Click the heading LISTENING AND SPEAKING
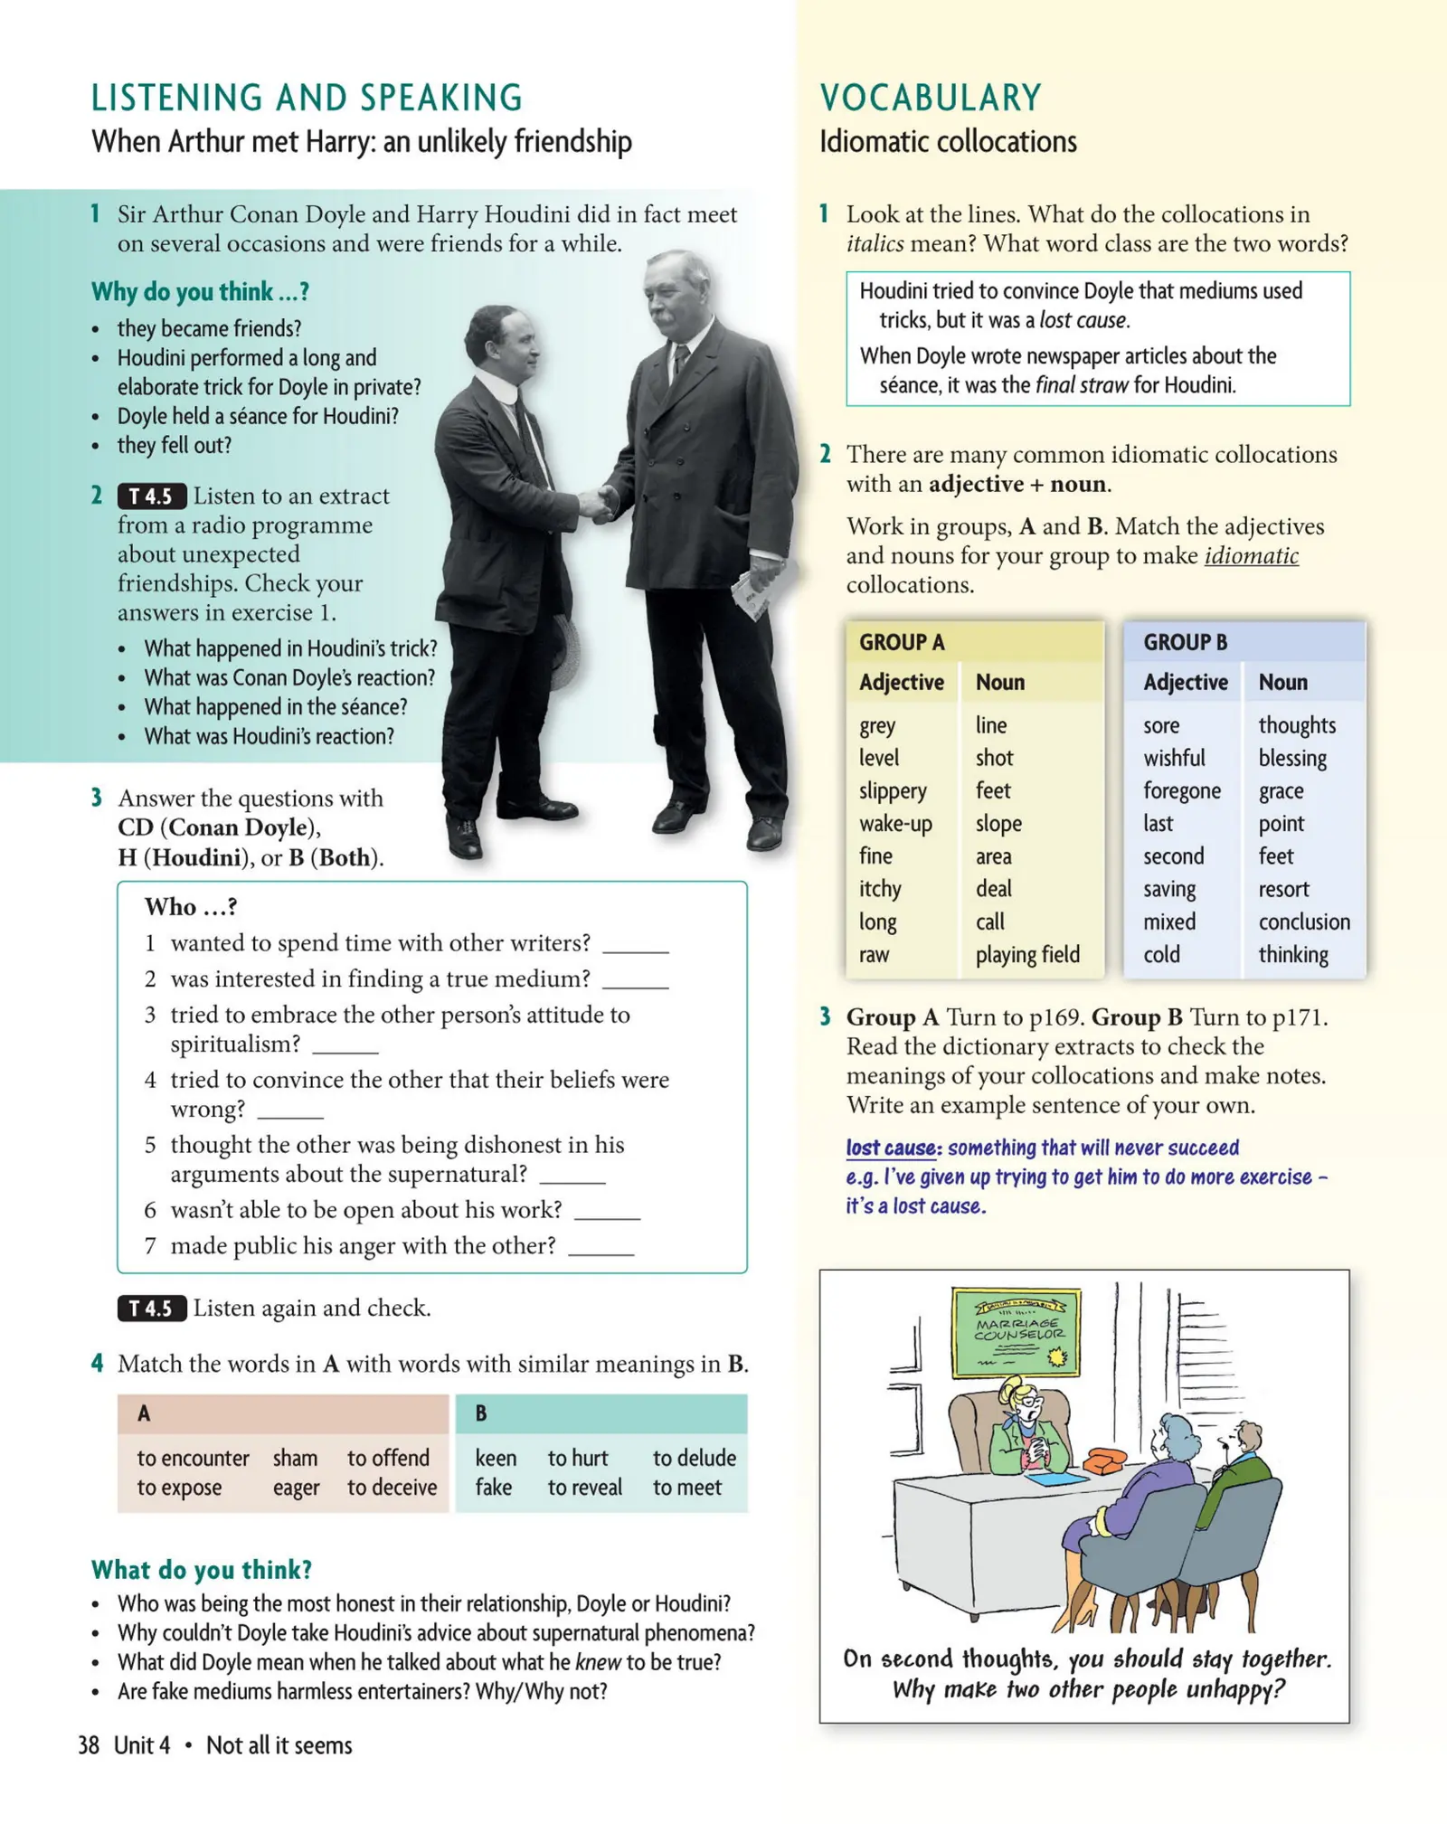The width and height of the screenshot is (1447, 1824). pyautogui.click(x=307, y=98)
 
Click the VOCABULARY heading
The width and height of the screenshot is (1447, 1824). pyautogui.click(x=931, y=98)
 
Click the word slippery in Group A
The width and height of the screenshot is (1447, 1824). pyautogui.click(x=892, y=790)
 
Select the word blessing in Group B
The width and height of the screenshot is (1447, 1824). pyautogui.click(x=1291, y=758)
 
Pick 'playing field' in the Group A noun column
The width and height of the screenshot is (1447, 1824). pyautogui.click(x=1026, y=954)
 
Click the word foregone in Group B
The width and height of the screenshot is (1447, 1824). pyautogui.click(x=1181, y=790)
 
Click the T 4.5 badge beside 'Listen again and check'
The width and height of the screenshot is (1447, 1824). pyautogui.click(x=151, y=1308)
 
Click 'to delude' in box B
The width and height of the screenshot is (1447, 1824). pyautogui.click(x=694, y=1458)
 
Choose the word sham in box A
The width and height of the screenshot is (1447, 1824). pyautogui.click(x=295, y=1458)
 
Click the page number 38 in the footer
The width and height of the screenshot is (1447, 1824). pyautogui.click(x=89, y=1745)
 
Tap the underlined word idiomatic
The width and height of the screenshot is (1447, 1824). pyautogui.click(x=1251, y=555)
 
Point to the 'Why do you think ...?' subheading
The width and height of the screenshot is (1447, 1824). pyautogui.click(x=200, y=291)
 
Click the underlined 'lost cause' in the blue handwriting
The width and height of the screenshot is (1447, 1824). pyautogui.click(x=890, y=1148)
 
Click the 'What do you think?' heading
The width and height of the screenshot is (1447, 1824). pyautogui.click(x=201, y=1569)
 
